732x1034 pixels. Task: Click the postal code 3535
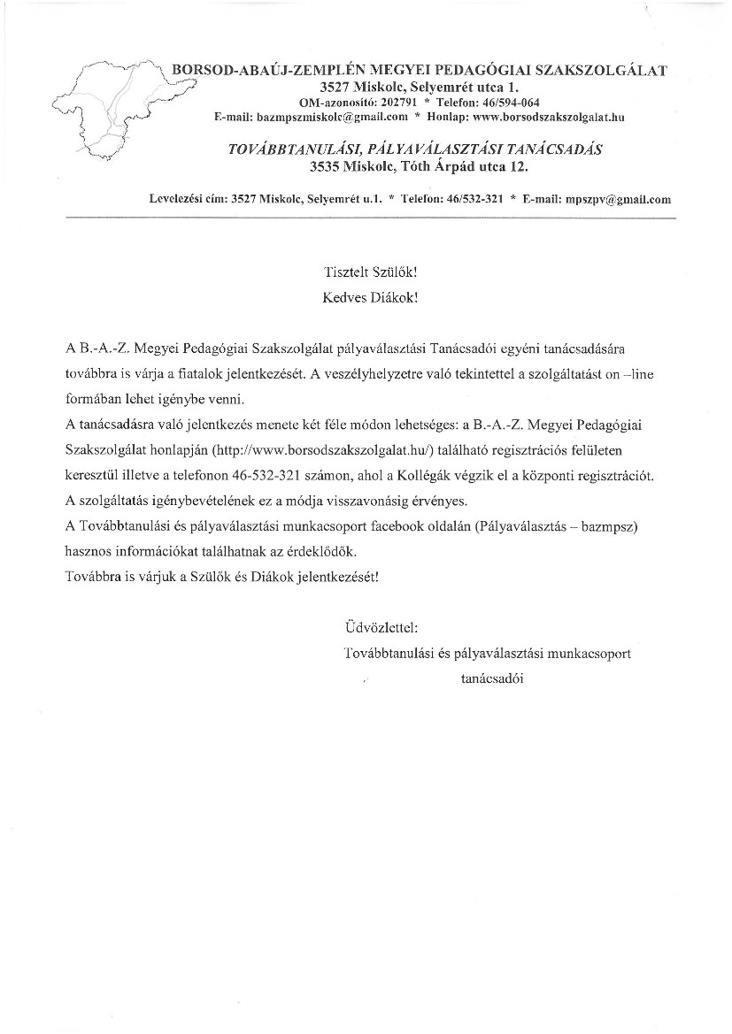(326, 165)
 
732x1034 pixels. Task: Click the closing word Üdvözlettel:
(381, 628)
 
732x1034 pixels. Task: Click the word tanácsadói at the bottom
(492, 679)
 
